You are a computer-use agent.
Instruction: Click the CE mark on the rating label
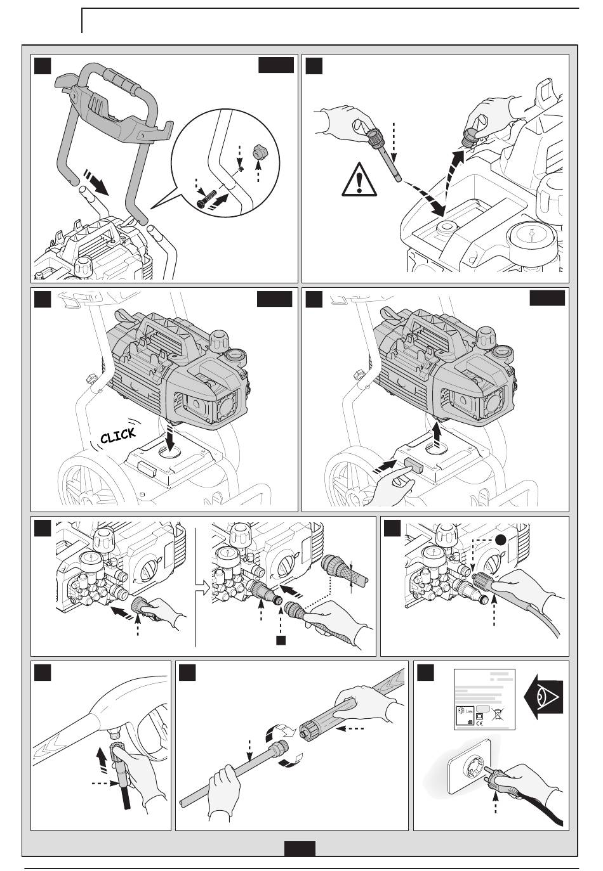coord(480,722)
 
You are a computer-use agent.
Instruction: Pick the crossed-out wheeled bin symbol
coord(496,714)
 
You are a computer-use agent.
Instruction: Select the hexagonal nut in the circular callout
coord(260,152)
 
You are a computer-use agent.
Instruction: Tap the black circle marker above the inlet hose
coord(501,539)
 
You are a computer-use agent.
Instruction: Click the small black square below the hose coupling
coord(280,641)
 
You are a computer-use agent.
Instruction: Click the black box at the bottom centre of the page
coord(300,848)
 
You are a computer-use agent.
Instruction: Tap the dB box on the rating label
coord(470,721)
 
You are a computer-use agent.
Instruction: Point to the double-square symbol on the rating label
coord(480,715)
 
